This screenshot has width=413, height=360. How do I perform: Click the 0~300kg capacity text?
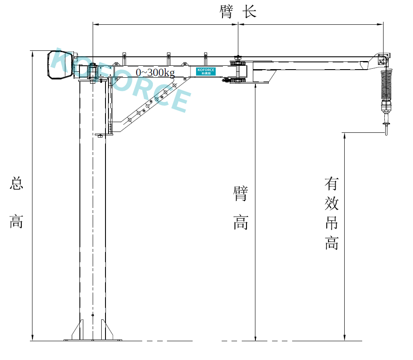(x=155, y=73)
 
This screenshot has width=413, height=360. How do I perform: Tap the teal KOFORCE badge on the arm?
(x=205, y=71)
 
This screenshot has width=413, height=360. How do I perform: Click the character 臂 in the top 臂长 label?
(x=226, y=12)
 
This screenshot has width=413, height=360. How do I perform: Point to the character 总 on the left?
(x=16, y=184)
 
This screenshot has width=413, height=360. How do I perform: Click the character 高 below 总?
(x=16, y=222)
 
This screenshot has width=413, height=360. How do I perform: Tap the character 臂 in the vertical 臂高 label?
(x=241, y=193)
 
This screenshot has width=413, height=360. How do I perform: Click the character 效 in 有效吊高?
(x=331, y=204)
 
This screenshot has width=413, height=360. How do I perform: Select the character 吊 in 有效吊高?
(x=331, y=223)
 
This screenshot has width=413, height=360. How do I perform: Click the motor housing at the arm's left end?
(x=59, y=64)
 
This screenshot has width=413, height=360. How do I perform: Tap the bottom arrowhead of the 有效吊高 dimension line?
(x=345, y=338)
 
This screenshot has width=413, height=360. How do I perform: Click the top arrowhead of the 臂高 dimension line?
(x=255, y=86)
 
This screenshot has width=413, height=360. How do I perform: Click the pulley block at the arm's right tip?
(x=383, y=59)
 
